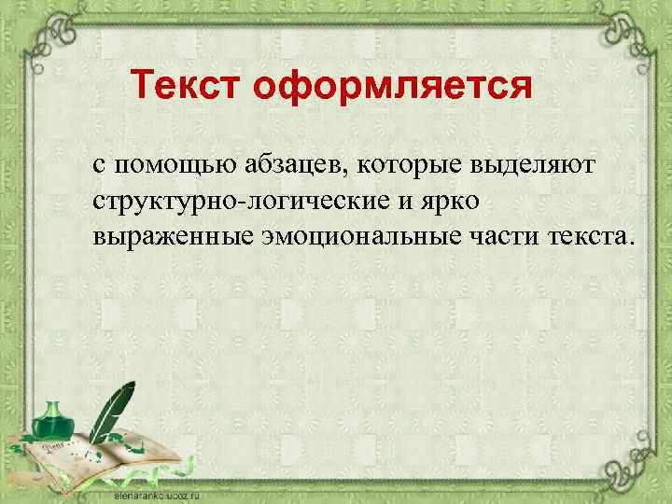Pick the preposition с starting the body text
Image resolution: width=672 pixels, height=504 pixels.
(98, 166)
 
